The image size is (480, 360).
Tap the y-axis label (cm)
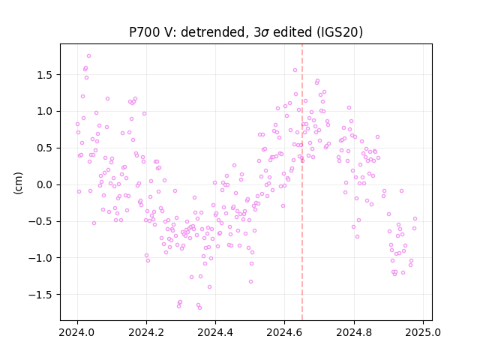click(18, 183)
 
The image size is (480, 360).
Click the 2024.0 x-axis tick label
click(77, 332)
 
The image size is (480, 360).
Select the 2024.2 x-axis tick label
click(147, 332)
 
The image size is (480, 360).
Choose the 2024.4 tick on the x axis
click(215, 332)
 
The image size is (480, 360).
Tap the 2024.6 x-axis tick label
click(285, 332)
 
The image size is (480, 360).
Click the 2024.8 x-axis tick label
click(354, 332)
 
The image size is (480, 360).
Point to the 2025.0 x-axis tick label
click(423, 332)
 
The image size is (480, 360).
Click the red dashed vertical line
click(302, 182)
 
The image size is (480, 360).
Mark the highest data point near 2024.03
click(88, 56)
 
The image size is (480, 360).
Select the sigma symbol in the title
click(265, 33)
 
